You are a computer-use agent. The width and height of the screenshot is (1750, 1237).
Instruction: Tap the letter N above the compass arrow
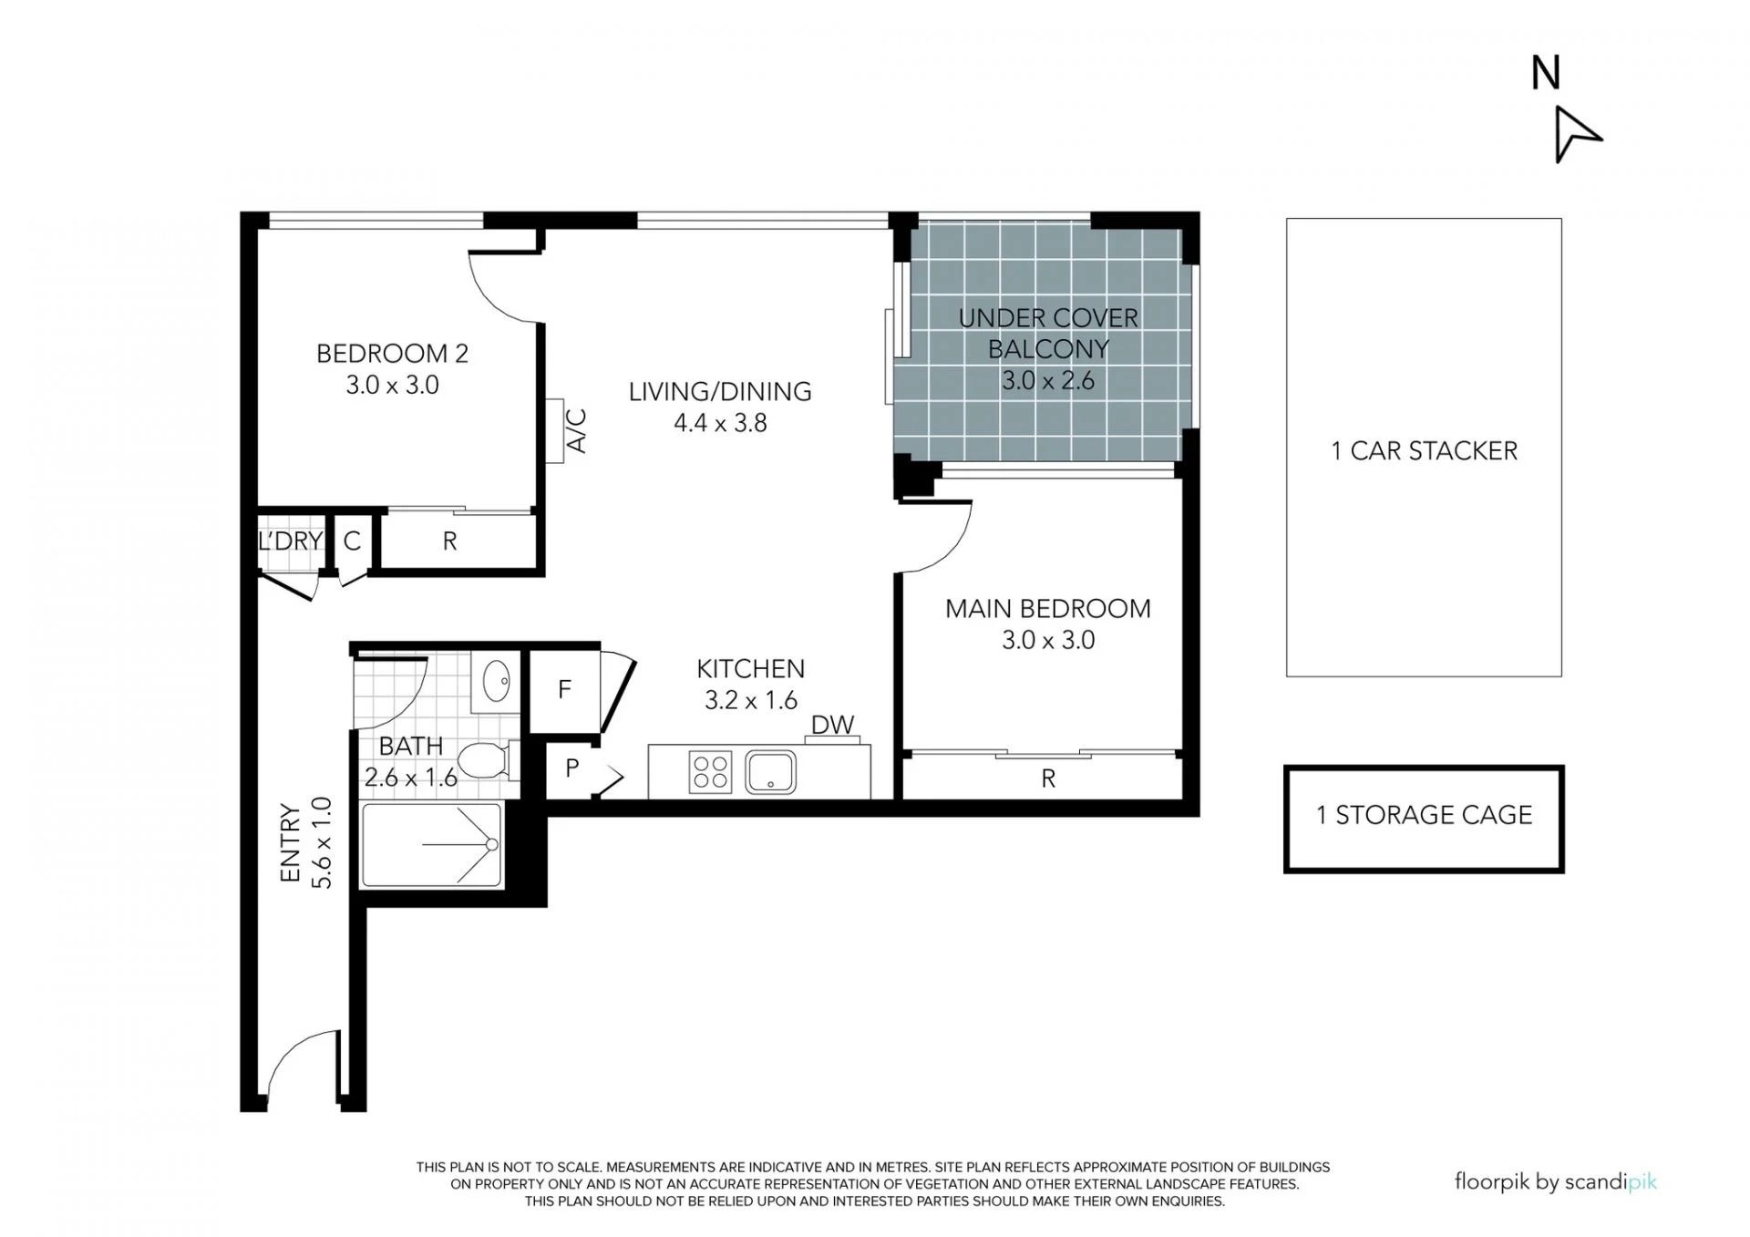pyautogui.click(x=1546, y=73)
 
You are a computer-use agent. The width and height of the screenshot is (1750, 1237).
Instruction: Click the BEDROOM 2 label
pyautogui.click(x=392, y=354)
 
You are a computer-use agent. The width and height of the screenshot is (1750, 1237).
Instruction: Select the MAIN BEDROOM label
pyautogui.click(x=1048, y=609)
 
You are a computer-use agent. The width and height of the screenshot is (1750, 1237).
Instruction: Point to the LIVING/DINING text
pyautogui.click(x=720, y=392)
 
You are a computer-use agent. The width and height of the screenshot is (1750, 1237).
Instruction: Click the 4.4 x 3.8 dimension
pyautogui.click(x=720, y=423)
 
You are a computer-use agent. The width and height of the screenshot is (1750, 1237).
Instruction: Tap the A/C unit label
pyautogui.click(x=577, y=431)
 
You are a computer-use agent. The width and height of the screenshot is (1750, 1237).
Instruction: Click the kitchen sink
pyautogui.click(x=770, y=772)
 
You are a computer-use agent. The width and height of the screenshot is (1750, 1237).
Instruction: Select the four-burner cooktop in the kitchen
pyautogui.click(x=710, y=772)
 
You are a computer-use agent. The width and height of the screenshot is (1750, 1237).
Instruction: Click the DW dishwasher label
pyautogui.click(x=833, y=725)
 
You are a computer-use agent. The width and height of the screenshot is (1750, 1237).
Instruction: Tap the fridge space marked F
pyautogui.click(x=564, y=689)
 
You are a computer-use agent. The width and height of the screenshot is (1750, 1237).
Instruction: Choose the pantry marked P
pyautogui.click(x=571, y=768)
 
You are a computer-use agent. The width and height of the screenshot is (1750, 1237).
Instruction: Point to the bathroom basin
pyautogui.click(x=496, y=681)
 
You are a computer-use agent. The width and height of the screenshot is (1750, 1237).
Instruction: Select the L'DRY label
pyautogui.click(x=291, y=541)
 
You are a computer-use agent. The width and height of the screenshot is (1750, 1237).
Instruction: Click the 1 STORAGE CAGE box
pyautogui.click(x=1424, y=819)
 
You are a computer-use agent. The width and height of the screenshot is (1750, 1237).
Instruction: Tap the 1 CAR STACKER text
pyautogui.click(x=1425, y=451)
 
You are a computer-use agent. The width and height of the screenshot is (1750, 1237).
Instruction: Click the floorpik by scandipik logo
pyautogui.click(x=1556, y=1183)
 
